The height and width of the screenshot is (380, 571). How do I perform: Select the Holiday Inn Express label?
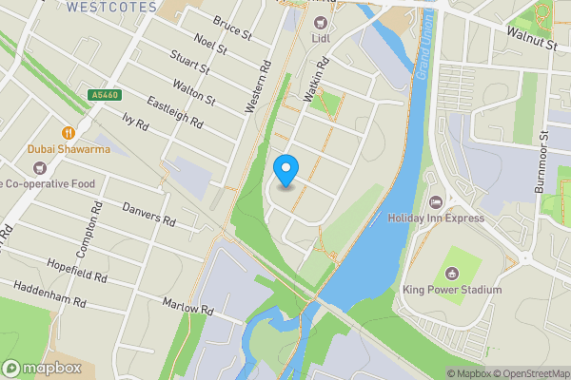coord(436,218)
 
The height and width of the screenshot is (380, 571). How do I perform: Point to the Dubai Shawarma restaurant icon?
coord(69,132)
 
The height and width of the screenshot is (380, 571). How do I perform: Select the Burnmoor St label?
coord(546,163)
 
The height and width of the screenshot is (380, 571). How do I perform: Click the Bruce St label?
coord(231,32)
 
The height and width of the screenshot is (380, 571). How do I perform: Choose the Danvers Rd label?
coord(149,213)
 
